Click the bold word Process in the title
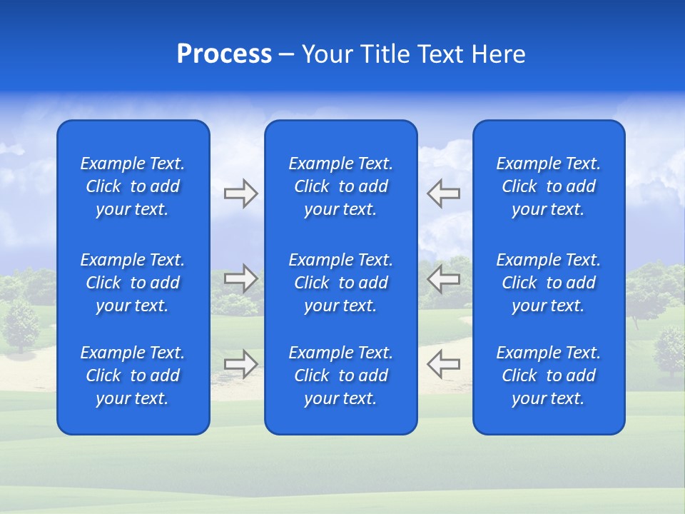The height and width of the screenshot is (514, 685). (224, 54)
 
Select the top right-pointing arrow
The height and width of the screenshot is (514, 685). (240, 193)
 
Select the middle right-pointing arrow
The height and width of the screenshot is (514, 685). (240, 279)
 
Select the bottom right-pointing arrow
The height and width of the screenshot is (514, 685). (240, 364)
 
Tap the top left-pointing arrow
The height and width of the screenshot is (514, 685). (443, 193)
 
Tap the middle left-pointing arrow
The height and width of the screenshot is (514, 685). (443, 279)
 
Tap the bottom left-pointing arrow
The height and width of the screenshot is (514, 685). (443, 364)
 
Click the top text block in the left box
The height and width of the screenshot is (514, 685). (133, 186)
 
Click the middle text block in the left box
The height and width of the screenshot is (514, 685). (133, 283)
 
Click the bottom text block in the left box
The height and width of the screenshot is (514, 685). (133, 376)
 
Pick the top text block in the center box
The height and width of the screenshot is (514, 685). (340, 186)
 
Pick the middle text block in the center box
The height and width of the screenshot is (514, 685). (340, 283)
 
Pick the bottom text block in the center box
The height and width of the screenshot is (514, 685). (340, 376)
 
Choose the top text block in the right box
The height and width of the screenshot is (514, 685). (548, 186)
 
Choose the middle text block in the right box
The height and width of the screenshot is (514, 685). (548, 283)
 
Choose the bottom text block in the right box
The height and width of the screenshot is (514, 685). (548, 376)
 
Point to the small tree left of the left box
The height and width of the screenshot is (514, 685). (21, 325)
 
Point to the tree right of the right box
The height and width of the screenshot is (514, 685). (668, 350)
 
